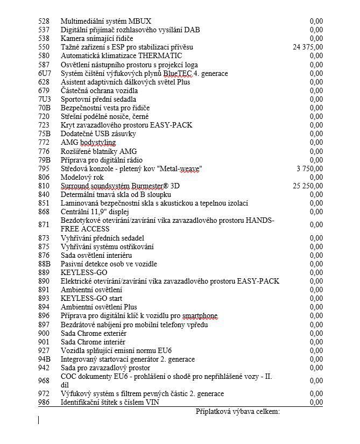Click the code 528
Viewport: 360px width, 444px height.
44,22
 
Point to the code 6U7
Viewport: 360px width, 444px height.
44,73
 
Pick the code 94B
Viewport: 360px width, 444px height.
44,359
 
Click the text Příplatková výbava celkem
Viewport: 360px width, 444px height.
237,412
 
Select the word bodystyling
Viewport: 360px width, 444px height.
98,143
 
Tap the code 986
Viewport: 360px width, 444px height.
44,403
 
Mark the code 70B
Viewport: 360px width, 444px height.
44,108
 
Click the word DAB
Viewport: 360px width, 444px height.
175,30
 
